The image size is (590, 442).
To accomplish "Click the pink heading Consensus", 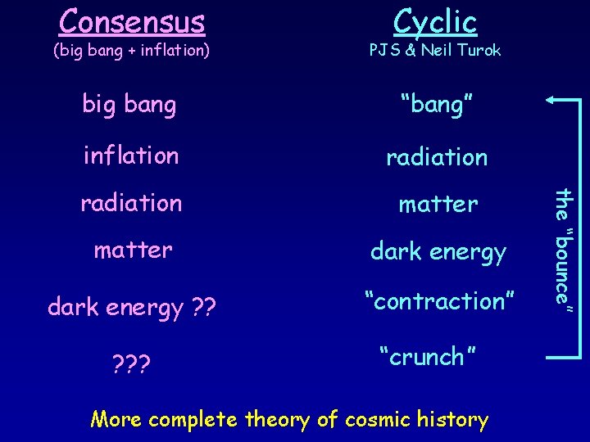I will tap(131, 19).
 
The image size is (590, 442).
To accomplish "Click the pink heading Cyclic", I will tap(435, 20).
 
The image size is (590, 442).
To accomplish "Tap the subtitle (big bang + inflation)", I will tap(131, 51).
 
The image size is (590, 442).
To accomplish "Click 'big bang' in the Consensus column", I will tap(129, 106).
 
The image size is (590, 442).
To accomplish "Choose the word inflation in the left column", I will tap(131, 155).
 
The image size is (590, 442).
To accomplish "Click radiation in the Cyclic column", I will tap(437, 156).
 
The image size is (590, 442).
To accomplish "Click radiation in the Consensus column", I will tap(131, 202).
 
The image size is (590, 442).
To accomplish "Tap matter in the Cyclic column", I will tap(438, 204).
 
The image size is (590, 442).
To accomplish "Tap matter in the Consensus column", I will tap(133, 250).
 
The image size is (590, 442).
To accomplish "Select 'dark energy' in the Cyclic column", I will tap(438, 253).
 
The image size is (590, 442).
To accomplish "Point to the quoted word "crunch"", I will tap(428, 357).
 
